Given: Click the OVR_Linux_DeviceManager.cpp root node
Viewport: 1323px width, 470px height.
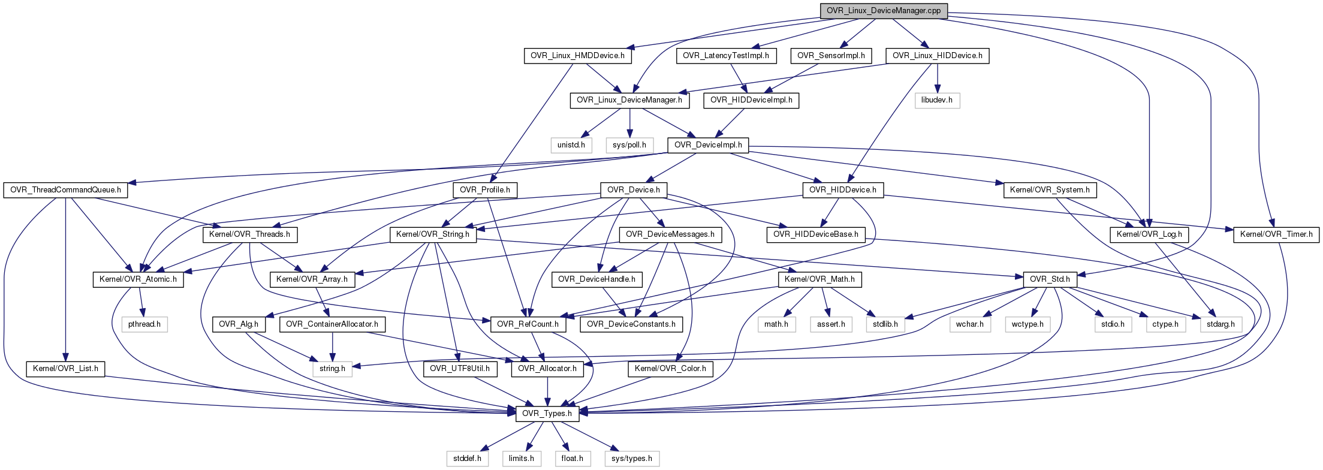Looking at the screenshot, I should [884, 11].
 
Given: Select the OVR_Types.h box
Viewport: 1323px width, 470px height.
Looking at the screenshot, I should [547, 413].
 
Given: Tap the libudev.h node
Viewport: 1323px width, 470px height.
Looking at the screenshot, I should [937, 100].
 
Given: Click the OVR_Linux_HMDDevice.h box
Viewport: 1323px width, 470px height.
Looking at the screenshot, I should [577, 56].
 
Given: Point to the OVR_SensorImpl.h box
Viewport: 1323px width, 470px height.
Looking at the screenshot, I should [831, 56].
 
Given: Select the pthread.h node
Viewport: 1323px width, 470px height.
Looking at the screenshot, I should [144, 324].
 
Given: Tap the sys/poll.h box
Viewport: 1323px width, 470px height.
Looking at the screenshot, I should [629, 145].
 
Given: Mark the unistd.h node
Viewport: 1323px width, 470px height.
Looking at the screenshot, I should [571, 145].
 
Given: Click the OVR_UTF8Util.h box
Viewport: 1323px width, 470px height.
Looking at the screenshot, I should [460, 369].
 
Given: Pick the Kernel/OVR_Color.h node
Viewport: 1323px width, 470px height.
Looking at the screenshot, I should [670, 369].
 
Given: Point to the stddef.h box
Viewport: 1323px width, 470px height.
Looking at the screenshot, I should [467, 459].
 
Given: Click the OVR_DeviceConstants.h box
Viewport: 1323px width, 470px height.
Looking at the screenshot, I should [631, 324].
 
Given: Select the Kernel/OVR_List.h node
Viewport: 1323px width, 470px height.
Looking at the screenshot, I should [65, 369].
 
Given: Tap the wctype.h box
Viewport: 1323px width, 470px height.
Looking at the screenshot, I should [1027, 324].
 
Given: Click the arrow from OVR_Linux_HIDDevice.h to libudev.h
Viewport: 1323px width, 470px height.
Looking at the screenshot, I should [938, 78].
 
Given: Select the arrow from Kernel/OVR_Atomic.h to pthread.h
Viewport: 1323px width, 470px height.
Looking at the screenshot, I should [142, 302].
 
